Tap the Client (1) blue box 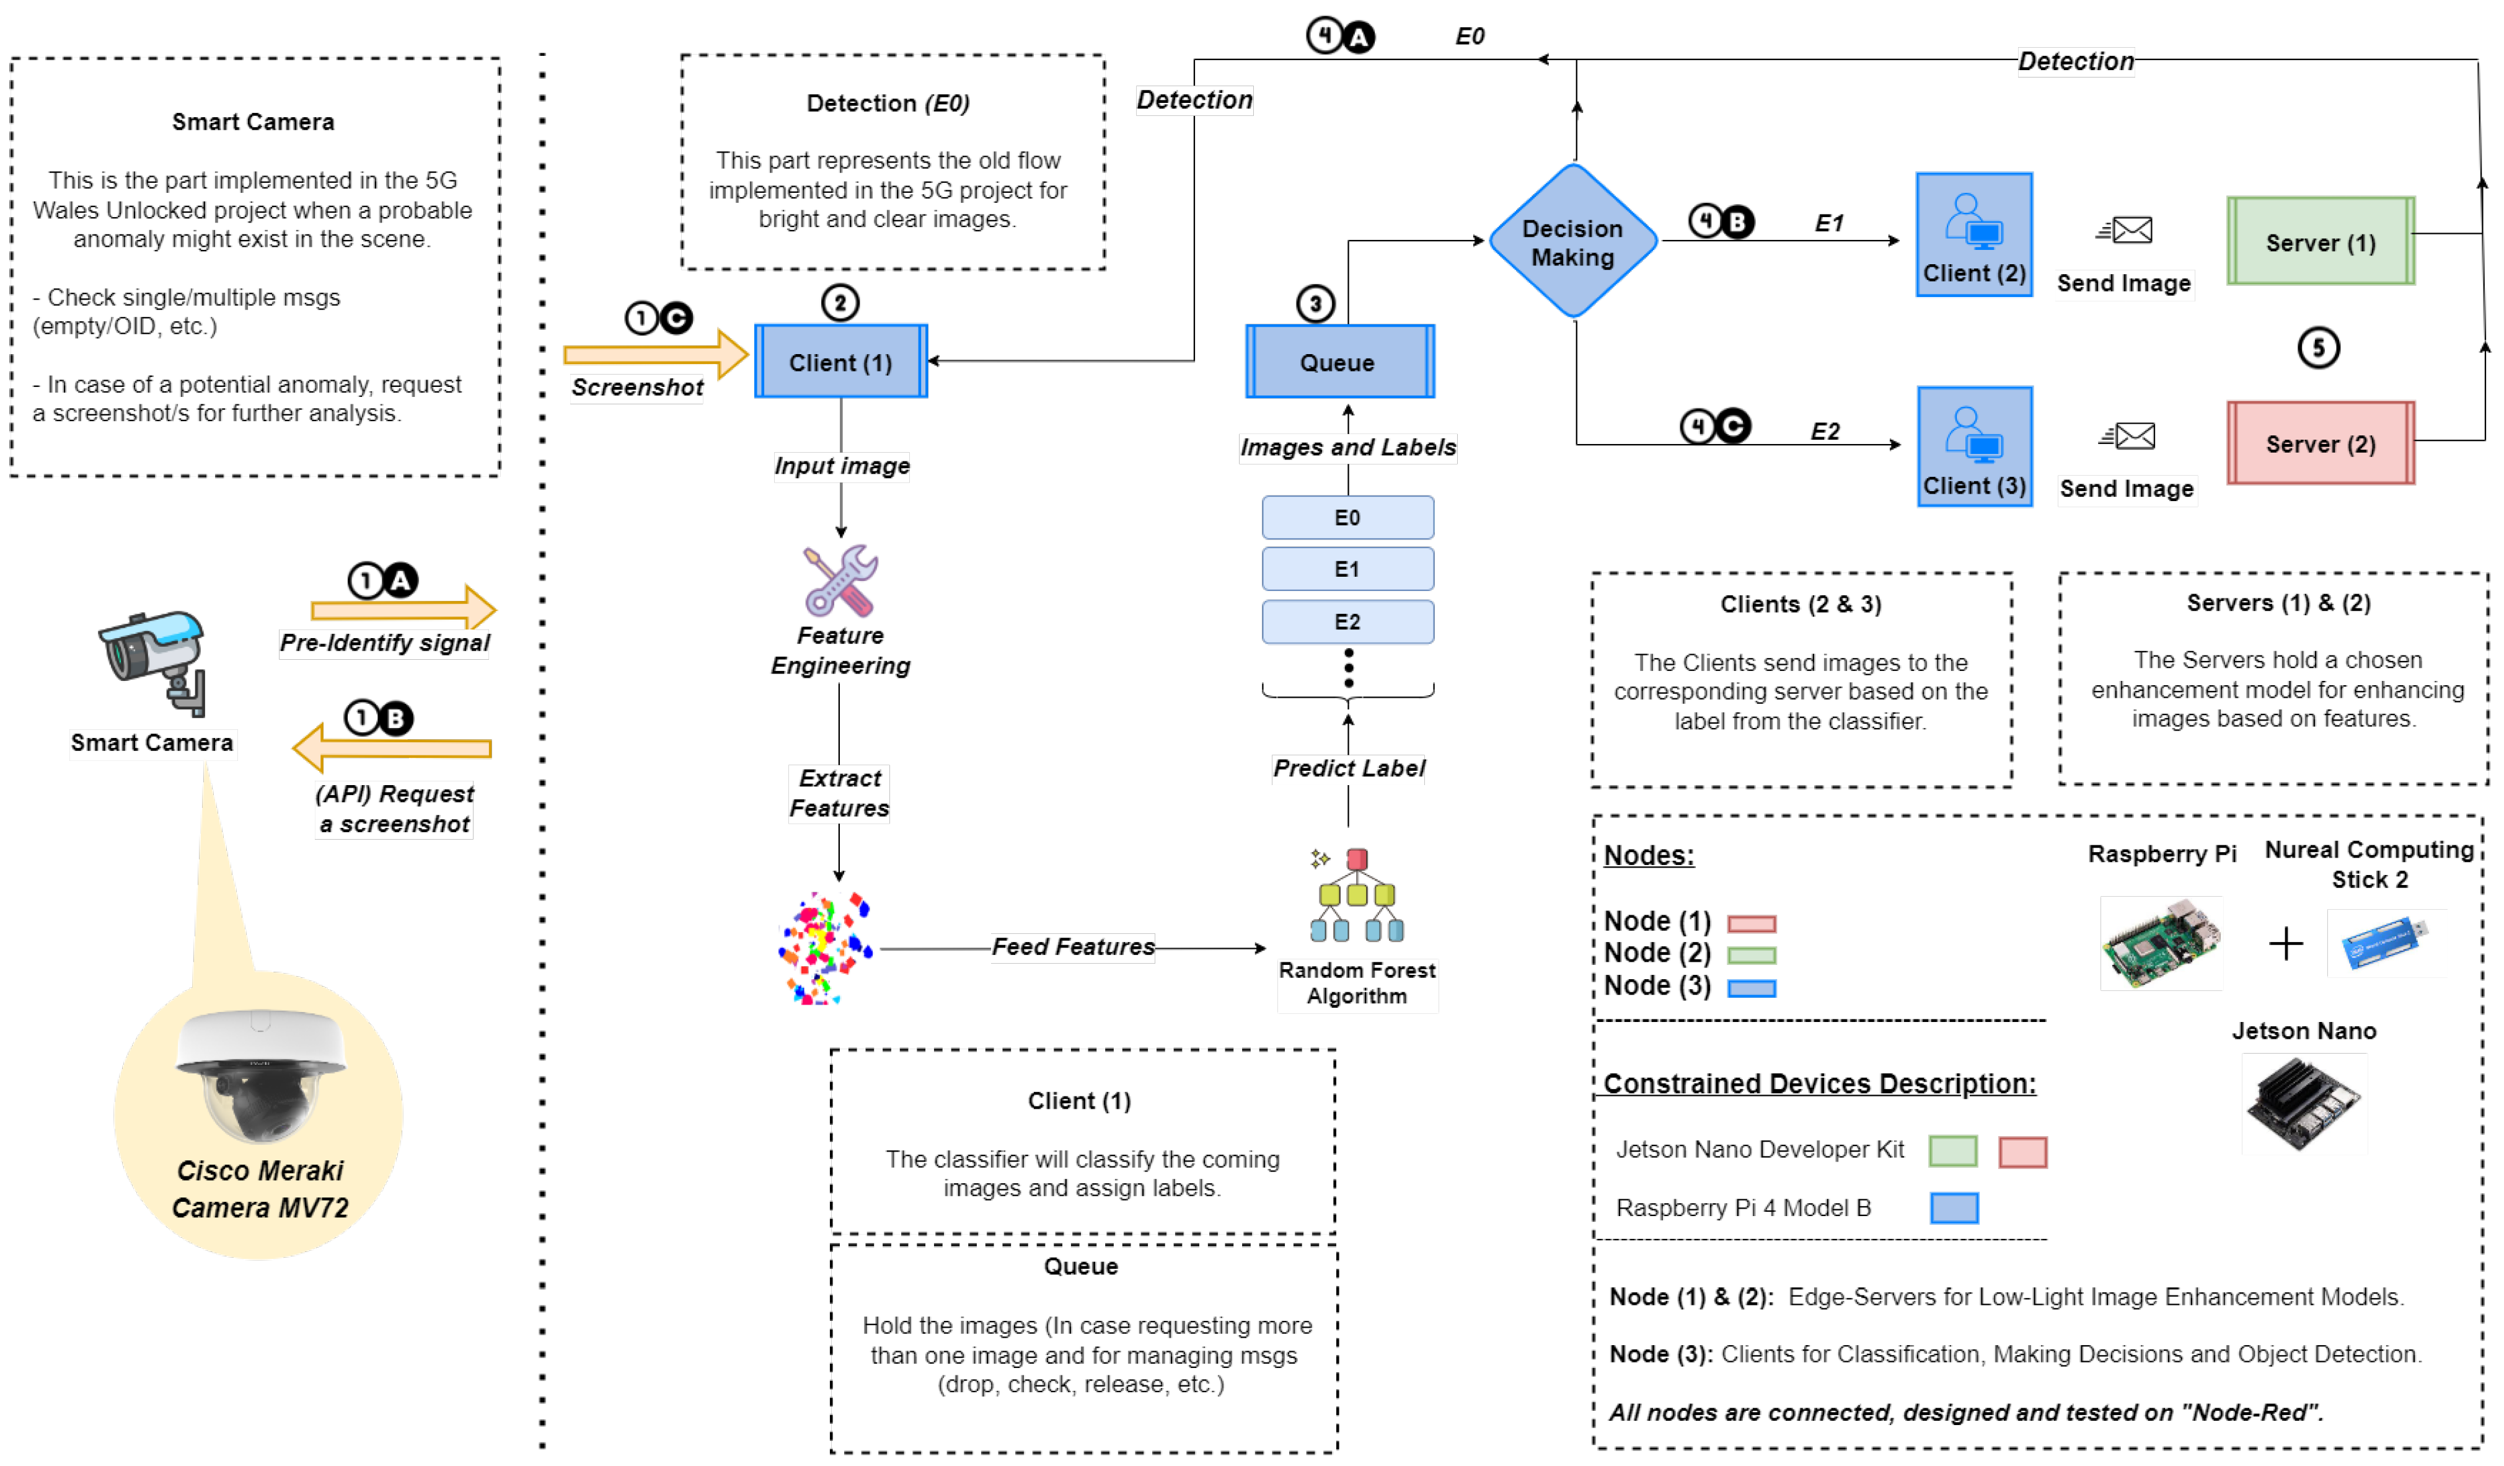click(x=840, y=362)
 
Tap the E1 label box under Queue click(x=1347, y=569)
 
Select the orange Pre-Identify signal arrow click(x=402, y=608)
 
